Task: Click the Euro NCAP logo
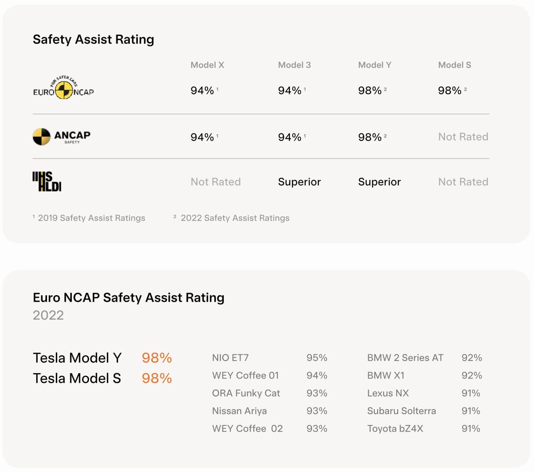click(x=63, y=89)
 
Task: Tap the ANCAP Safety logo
click(x=61, y=136)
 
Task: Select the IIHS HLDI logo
click(x=47, y=182)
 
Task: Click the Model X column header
click(x=207, y=65)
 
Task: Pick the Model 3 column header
click(x=294, y=65)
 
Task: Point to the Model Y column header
click(x=374, y=65)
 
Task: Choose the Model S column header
click(x=454, y=65)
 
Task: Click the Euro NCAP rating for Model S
click(x=450, y=90)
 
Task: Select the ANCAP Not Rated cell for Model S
click(x=463, y=137)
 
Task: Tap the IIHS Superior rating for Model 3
click(x=299, y=182)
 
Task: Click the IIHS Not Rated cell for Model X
click(x=216, y=182)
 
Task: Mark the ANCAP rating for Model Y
click(x=370, y=137)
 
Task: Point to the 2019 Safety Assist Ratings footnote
click(x=91, y=218)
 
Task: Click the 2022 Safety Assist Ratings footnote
click(x=234, y=218)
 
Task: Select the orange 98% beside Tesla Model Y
click(x=157, y=358)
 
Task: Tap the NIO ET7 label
click(x=230, y=358)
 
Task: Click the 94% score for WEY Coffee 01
click(x=317, y=375)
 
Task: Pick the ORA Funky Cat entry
click(x=246, y=393)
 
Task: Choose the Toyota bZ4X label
click(x=395, y=428)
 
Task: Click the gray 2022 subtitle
click(x=48, y=315)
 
